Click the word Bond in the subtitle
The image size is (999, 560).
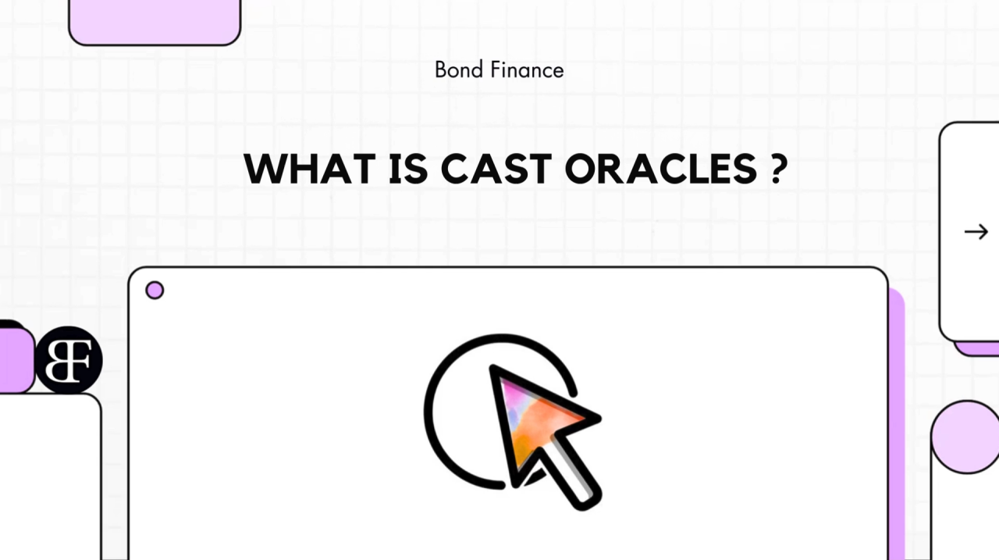[458, 70]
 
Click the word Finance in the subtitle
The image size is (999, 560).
[527, 70]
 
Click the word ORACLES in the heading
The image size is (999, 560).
[660, 169]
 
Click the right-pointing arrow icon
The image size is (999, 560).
[976, 232]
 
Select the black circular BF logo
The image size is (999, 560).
[69, 361]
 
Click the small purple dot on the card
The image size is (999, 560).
[155, 290]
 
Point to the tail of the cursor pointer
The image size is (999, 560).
[572, 473]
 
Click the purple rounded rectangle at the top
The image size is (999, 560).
[155, 21]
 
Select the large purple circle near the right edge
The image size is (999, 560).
[966, 437]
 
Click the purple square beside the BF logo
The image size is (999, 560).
[16, 361]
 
